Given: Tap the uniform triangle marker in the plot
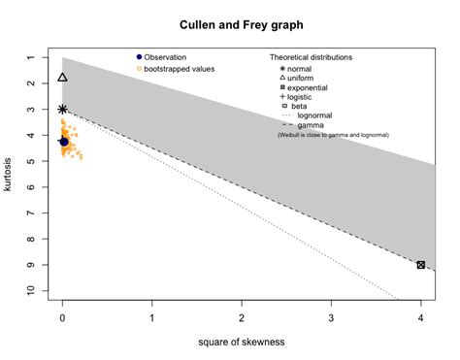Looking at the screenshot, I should [x=63, y=77].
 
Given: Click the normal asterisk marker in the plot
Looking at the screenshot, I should [x=63, y=110].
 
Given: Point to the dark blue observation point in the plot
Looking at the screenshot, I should [x=65, y=142].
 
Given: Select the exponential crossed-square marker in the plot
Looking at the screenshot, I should [x=420, y=265].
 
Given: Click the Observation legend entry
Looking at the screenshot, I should [x=172, y=57].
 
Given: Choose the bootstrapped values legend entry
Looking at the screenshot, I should [x=180, y=69].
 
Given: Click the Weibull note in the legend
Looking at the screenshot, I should [x=327, y=134].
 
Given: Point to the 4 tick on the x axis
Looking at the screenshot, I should [x=420, y=318].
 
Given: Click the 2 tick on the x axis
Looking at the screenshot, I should [x=242, y=318].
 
